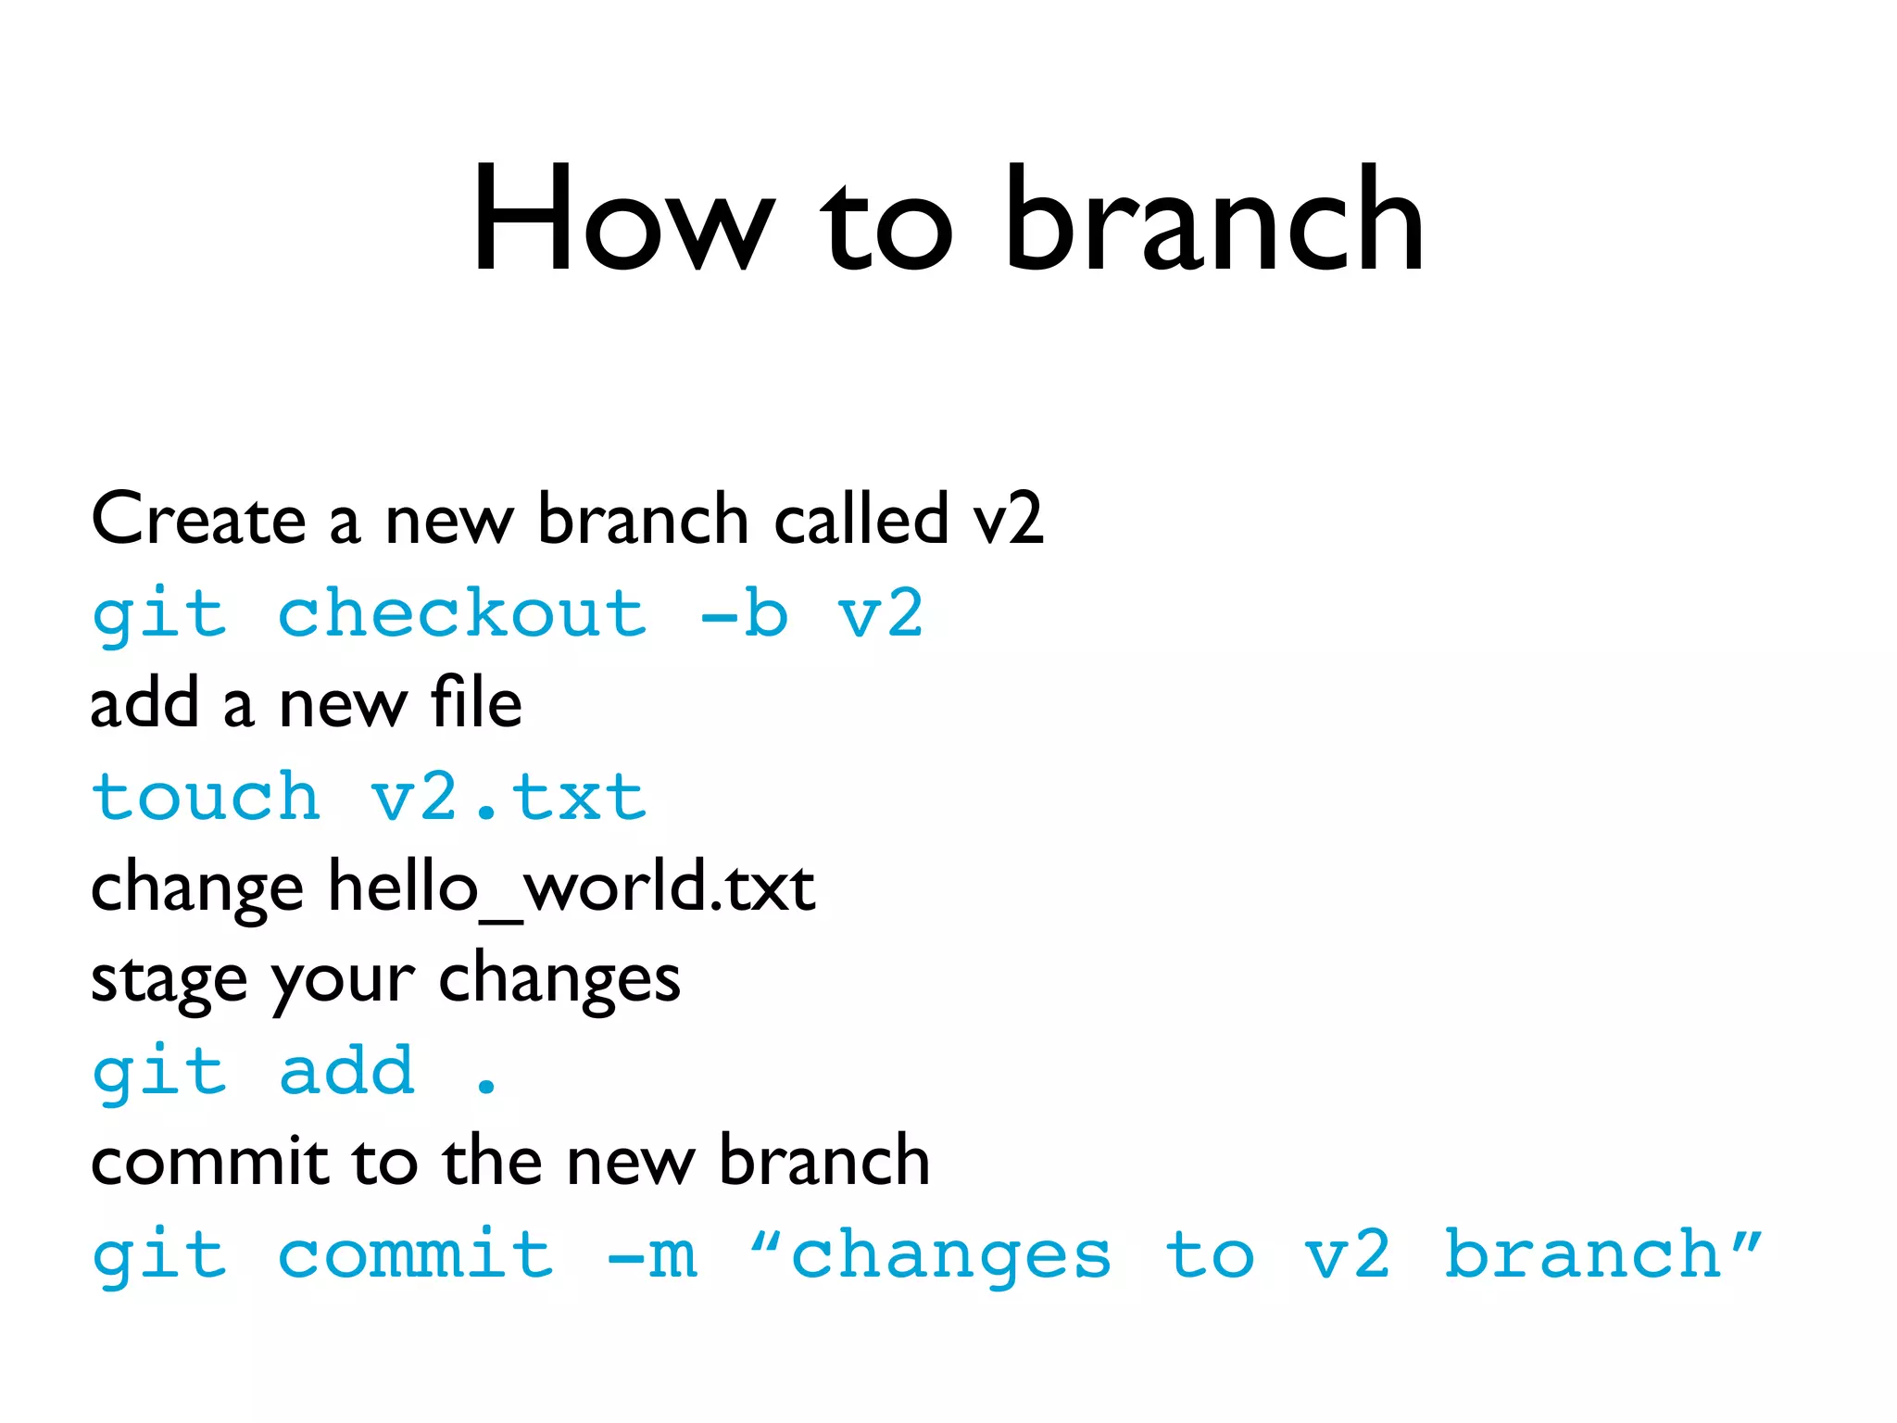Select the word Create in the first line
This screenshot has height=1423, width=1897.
[x=198, y=519]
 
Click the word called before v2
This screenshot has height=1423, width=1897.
[x=861, y=519]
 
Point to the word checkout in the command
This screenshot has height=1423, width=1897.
[x=462, y=613]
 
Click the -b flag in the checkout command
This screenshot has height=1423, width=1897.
[x=744, y=613]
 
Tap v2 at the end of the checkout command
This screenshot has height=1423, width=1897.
[x=880, y=613]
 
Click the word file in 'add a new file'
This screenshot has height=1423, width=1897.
[x=475, y=703]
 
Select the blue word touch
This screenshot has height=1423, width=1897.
[x=206, y=797]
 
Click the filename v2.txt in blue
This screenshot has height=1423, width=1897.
[x=508, y=797]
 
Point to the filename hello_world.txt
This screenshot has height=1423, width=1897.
[x=572, y=888]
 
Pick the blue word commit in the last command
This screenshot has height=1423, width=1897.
[x=416, y=1254]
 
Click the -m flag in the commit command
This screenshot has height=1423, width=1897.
[x=651, y=1254]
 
